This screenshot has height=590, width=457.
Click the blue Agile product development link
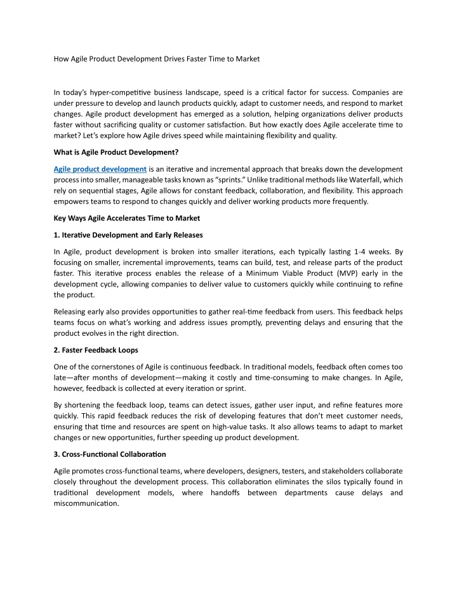pyautogui.click(x=100, y=169)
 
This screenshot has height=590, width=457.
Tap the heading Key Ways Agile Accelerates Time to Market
pyautogui.click(x=127, y=218)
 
